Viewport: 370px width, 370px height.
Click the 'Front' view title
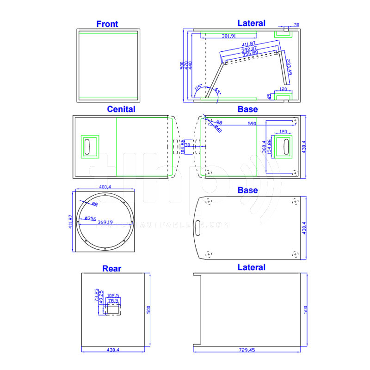click(107, 24)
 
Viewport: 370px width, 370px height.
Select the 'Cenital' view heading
click(121, 109)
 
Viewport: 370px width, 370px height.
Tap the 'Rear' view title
click(111, 268)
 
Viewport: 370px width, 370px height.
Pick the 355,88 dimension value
click(249, 53)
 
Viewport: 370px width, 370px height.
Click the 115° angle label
click(198, 87)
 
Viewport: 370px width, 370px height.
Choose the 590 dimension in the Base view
click(252, 124)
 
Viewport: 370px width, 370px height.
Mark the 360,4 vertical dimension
click(264, 146)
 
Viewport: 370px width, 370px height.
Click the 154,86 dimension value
click(270, 147)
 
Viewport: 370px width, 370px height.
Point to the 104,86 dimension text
click(182, 146)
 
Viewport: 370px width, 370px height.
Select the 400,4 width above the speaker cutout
click(105, 187)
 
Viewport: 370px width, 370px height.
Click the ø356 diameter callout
click(90, 218)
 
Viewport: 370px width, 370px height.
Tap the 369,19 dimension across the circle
click(106, 222)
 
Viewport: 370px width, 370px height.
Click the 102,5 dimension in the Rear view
click(112, 295)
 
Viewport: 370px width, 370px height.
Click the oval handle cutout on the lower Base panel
click(198, 226)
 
